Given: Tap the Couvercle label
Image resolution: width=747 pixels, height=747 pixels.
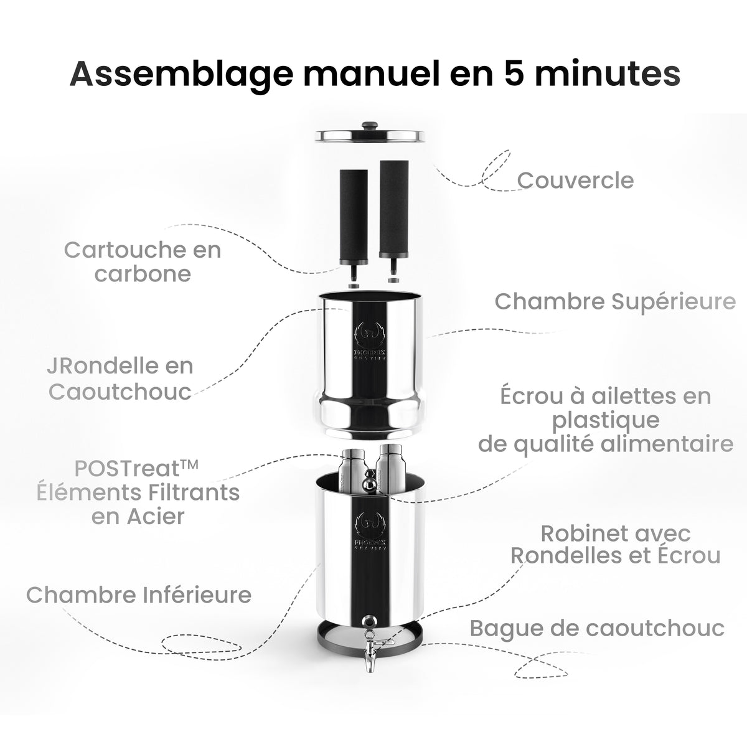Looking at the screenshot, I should tap(576, 181).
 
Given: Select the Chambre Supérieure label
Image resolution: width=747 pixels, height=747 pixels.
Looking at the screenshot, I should tap(615, 301).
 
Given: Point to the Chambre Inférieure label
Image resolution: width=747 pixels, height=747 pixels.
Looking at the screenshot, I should tap(139, 594).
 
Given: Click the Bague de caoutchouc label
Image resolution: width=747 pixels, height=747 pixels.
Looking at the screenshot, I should tap(597, 627).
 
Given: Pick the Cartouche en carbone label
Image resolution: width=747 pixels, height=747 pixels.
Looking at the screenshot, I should tap(143, 262).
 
